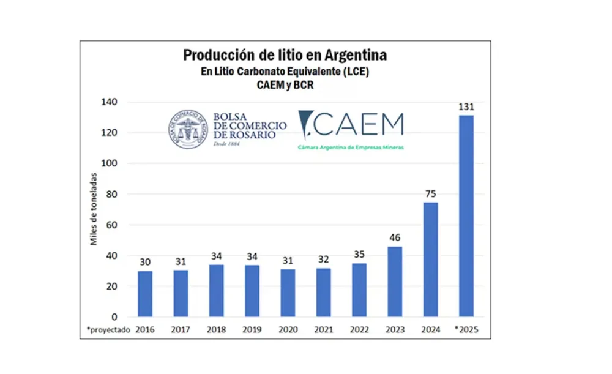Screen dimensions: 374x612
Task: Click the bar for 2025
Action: coord(466,216)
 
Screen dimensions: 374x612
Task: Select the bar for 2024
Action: coord(430,260)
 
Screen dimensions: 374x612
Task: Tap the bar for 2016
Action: coord(145,294)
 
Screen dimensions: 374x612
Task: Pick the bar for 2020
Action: coord(288,293)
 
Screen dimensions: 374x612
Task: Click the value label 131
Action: coord(466,107)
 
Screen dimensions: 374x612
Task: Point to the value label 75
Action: coord(430,194)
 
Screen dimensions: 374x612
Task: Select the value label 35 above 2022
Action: coord(359,255)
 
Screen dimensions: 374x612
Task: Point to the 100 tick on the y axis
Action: coord(110,163)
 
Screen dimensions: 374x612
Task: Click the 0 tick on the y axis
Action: coord(114,317)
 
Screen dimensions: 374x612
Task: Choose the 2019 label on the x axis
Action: coord(252,329)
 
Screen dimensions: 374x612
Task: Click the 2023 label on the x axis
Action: coord(395,329)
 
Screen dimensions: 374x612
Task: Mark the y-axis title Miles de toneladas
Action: coord(94,209)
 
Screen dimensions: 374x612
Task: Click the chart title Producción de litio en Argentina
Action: coord(285,55)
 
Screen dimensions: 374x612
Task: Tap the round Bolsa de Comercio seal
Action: coord(188,130)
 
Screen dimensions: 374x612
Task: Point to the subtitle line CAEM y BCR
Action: coord(285,86)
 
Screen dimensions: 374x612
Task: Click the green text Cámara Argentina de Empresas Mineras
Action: coord(351,148)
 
